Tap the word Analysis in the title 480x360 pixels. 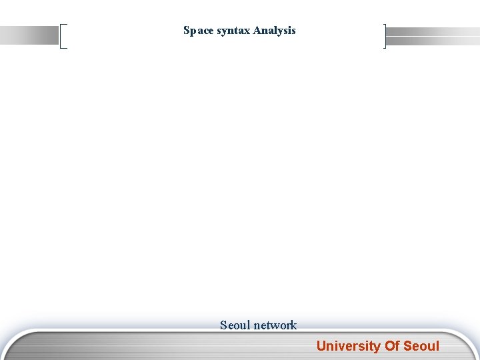274,31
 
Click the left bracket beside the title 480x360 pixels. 63,36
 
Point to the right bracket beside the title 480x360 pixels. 385,36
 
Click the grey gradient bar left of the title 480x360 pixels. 30,35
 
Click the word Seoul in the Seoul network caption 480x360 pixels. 235,325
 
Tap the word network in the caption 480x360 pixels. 275,325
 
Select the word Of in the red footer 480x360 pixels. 391,346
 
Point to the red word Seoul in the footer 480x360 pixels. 421,346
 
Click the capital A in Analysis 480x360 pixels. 257,31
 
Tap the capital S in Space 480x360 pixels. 187,31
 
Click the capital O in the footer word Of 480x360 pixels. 389,346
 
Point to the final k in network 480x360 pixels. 293,325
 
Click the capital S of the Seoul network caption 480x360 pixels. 224,325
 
